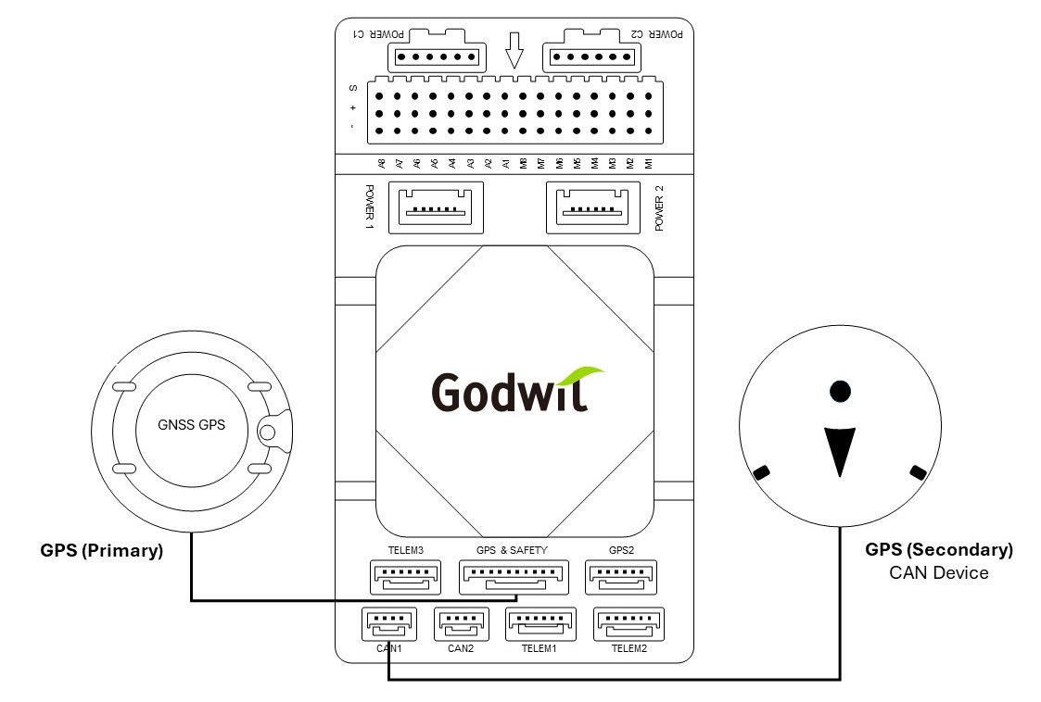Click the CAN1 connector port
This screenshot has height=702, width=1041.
pyautogui.click(x=387, y=624)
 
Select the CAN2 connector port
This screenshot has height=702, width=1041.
pyautogui.click(x=461, y=624)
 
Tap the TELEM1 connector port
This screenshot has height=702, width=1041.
pyautogui.click(x=540, y=624)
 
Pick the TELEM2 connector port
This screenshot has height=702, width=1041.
pyautogui.click(x=628, y=624)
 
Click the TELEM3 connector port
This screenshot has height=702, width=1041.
pyautogui.click(x=406, y=578)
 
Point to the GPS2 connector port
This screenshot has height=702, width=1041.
pyautogui.click(x=621, y=578)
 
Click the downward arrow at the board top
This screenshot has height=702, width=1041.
pyautogui.click(x=515, y=53)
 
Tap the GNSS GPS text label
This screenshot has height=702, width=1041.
pyautogui.click(x=193, y=427)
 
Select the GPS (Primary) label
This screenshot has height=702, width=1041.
pyautogui.click(x=102, y=550)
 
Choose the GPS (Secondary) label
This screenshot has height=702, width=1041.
pyautogui.click(x=938, y=550)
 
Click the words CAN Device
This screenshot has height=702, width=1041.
pyautogui.click(x=938, y=572)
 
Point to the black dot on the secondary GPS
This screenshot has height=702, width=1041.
pyautogui.click(x=839, y=391)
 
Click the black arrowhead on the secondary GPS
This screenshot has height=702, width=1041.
pyautogui.click(x=839, y=449)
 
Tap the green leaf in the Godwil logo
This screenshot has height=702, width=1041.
pyautogui.click(x=582, y=378)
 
